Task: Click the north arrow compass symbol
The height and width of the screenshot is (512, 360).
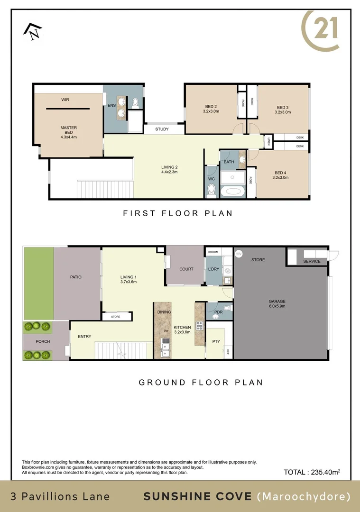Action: coord(32,31)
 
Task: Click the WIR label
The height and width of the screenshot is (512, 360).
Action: coord(65,100)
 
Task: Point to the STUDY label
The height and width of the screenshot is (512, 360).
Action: coord(162,129)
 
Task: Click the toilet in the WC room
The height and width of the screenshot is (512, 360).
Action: coord(212,191)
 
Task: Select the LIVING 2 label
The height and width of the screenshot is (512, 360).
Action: coord(169,169)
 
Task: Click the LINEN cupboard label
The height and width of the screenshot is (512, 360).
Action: coord(269,140)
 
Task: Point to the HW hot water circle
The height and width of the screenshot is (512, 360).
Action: coord(239,254)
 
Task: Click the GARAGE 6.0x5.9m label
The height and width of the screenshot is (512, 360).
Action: coord(277,304)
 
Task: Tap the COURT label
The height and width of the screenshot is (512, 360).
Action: coord(186,269)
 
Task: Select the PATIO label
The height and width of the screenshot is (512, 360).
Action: coord(76,277)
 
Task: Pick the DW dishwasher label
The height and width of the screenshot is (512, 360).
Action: coord(166,330)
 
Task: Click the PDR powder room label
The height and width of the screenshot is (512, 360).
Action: coord(218,312)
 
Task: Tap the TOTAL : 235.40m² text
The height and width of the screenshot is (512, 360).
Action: coord(312,472)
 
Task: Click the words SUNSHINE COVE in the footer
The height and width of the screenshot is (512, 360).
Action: coord(197,496)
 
